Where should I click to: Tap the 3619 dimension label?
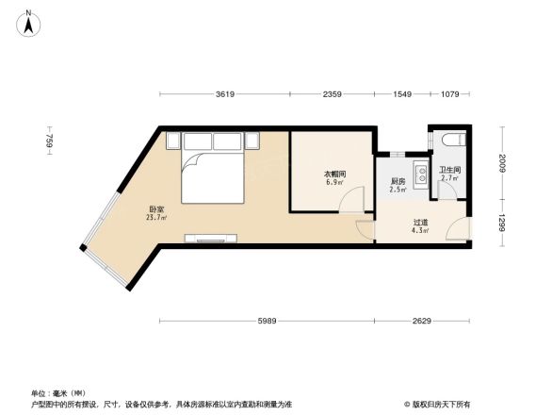[224, 94]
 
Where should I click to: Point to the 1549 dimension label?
[402, 94]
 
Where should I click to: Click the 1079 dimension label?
[449, 94]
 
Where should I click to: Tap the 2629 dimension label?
[421, 322]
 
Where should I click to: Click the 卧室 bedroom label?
[156, 209]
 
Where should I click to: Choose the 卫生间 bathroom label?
[449, 171]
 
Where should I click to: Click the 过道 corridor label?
[420, 224]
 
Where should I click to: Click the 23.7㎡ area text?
[156, 218]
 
